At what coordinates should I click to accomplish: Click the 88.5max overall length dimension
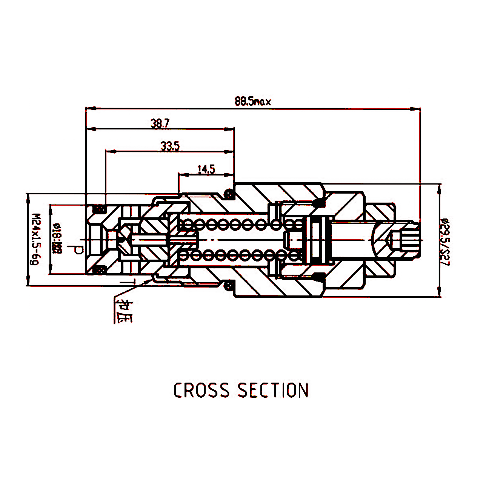(x=253, y=102)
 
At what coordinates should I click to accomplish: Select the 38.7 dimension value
(x=160, y=123)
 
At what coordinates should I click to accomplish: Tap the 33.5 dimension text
(x=170, y=146)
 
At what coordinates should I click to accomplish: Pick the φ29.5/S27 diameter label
(x=446, y=241)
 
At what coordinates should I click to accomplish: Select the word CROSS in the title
(x=201, y=391)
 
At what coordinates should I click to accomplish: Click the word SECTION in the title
(x=273, y=391)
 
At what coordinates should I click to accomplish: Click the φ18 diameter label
(x=58, y=238)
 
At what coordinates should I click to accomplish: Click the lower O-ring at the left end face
(x=100, y=270)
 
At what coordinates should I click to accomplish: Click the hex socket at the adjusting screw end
(x=396, y=240)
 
